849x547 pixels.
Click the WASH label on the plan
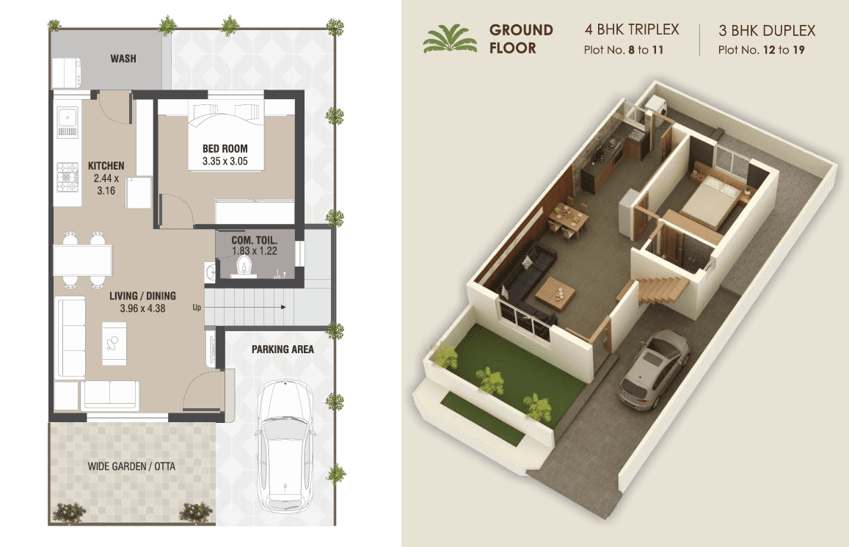[123, 59]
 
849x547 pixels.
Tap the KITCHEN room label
[106, 166]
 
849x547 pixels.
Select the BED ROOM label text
[225, 148]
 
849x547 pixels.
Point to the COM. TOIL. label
[255, 240]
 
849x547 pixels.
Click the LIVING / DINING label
[142, 296]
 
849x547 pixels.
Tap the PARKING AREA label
[283, 349]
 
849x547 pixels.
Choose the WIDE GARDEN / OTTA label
[131, 466]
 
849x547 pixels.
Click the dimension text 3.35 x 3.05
[225, 161]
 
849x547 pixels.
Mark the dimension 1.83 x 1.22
[255, 251]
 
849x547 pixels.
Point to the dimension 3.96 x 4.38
[142, 308]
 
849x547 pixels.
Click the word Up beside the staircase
[197, 308]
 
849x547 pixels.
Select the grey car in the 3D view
[654, 369]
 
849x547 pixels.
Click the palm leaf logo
[450, 38]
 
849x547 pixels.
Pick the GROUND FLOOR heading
[521, 39]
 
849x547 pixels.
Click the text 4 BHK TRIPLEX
[631, 29]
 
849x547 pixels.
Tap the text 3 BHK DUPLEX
[767, 30]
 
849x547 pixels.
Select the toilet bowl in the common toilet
[245, 266]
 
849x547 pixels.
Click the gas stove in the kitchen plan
[68, 178]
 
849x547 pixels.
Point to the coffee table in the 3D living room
[555, 293]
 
